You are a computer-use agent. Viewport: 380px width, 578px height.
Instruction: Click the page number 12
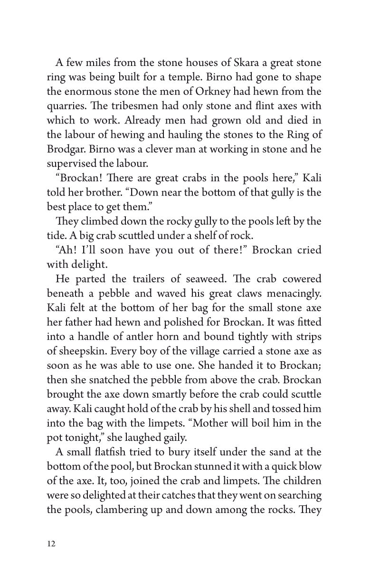51,543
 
